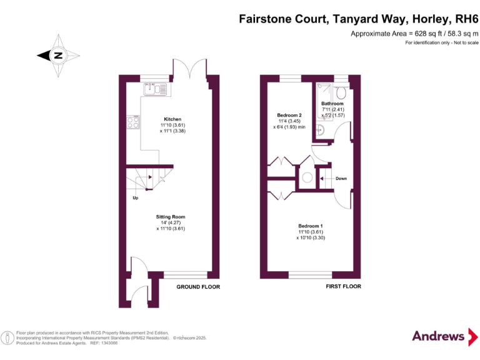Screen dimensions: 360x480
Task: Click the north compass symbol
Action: pos(57,55)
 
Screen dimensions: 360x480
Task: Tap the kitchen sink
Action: pos(153,90)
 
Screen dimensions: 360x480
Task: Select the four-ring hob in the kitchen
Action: pos(133,122)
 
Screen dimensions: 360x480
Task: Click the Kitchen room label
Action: pos(173,119)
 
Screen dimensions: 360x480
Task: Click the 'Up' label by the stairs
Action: pos(134,198)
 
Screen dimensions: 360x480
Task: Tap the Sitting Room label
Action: pos(171,217)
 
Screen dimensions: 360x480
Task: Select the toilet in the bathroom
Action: pos(341,92)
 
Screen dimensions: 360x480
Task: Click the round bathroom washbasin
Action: pos(319,130)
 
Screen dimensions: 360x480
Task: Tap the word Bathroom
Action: pos(332,104)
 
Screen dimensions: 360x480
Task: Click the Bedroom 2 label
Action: pos(289,115)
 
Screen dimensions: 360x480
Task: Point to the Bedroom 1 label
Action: pos(311,226)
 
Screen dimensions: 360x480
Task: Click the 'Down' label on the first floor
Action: pos(341,179)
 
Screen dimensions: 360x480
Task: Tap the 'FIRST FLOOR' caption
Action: pos(343,286)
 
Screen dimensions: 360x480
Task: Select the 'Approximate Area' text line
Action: pos(414,32)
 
